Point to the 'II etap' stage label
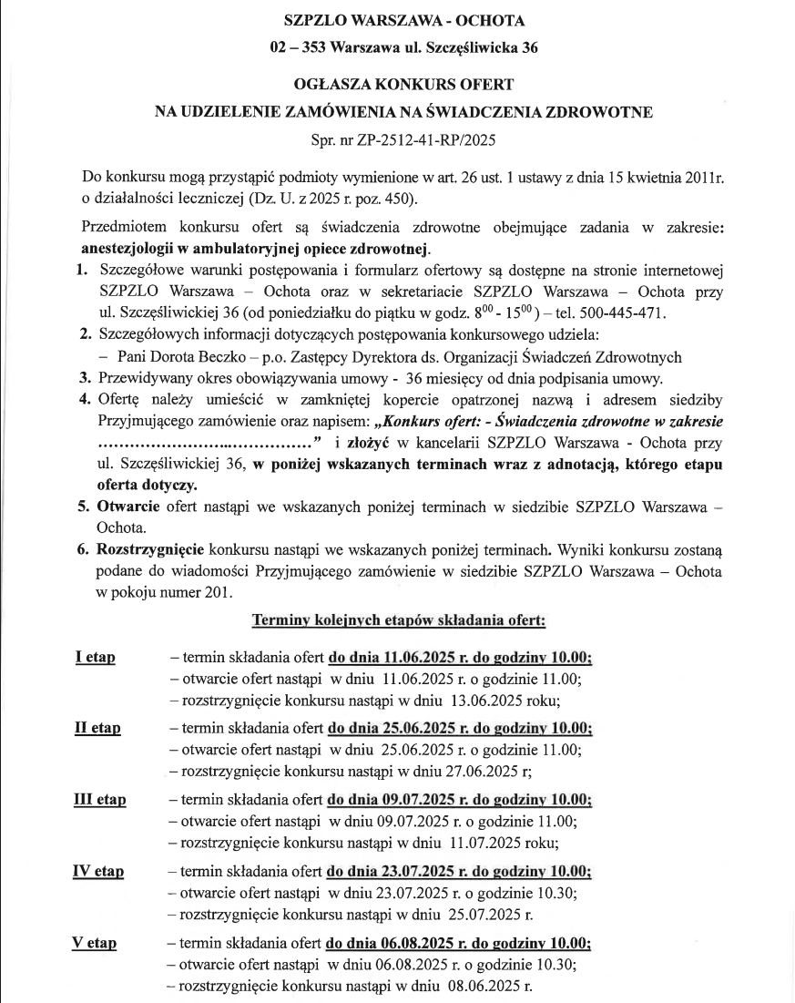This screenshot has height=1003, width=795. coord(97,729)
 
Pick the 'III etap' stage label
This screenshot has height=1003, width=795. coord(100,800)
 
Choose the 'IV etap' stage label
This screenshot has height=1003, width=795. coord(98,871)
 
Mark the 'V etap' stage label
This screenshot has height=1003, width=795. coord(94,943)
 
